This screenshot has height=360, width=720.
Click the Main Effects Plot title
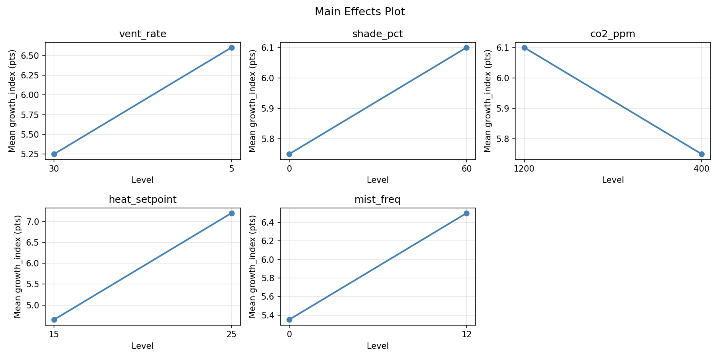[x=360, y=12]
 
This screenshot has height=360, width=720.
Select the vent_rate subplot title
[x=142, y=34]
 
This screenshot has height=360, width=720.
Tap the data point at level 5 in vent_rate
[x=232, y=48]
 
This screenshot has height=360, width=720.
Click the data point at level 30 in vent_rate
[x=54, y=154]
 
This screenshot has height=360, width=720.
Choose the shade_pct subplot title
[x=377, y=34]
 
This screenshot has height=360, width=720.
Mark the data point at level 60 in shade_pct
[x=466, y=48]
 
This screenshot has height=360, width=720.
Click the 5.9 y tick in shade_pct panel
[x=272, y=108]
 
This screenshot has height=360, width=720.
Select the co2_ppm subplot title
[x=612, y=34]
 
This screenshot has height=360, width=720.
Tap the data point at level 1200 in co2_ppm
[x=524, y=48]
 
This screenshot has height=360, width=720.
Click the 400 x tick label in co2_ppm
[x=702, y=169]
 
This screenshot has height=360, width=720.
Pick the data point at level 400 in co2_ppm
[x=702, y=154]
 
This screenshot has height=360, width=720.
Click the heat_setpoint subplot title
[x=142, y=200]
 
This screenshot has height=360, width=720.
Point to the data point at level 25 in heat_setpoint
[x=232, y=213]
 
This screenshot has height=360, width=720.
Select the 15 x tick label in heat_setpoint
[x=54, y=334]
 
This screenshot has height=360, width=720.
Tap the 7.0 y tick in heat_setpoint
[x=35, y=222]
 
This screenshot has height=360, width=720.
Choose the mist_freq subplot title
[x=377, y=200]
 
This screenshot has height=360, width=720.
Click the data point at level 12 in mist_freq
[x=466, y=213]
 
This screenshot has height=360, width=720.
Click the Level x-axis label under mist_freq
[x=378, y=346]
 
